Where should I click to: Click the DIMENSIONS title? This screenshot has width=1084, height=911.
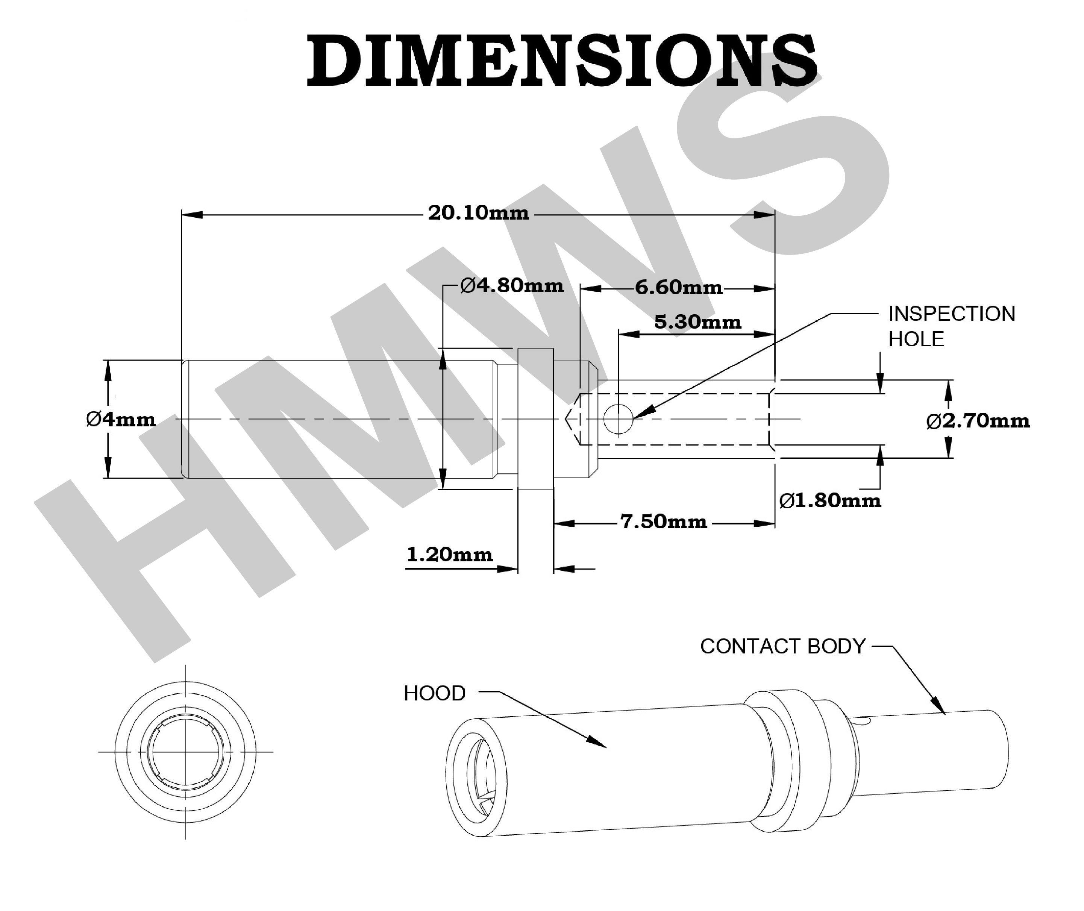coord(562,61)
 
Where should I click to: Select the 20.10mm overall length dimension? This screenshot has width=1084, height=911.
coord(478,213)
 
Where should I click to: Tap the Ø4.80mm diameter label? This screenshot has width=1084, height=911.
coord(512,286)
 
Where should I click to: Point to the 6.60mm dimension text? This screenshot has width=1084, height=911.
coord(678,287)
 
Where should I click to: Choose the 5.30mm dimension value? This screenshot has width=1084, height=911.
coord(697,322)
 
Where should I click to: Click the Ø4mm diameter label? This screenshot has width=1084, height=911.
coord(121,419)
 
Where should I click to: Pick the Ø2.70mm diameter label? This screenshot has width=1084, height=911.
coord(978,421)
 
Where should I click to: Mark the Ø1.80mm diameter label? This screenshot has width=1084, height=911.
coord(830,500)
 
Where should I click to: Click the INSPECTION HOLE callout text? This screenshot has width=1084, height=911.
coord(951,326)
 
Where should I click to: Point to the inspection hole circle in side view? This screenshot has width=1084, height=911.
coord(618,419)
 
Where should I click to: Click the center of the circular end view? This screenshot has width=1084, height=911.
coord(185,752)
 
